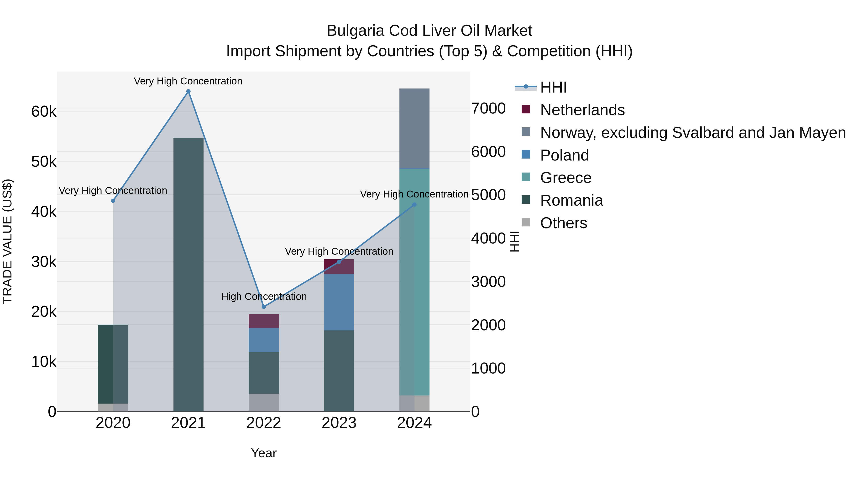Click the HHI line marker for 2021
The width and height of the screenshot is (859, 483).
[189, 91]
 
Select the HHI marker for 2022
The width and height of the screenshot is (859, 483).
[264, 307]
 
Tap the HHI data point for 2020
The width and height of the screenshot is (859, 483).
[113, 201]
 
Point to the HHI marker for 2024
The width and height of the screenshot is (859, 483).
[414, 205]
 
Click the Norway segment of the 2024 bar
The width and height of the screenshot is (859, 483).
[414, 129]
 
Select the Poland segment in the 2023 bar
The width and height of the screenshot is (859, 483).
[339, 302]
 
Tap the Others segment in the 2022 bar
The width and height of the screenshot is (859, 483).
[264, 402]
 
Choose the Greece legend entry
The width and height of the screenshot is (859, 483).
[566, 178]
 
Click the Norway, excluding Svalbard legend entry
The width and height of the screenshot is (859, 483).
[693, 133]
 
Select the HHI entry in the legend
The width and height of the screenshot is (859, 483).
[553, 87]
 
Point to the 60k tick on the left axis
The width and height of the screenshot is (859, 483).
[44, 112]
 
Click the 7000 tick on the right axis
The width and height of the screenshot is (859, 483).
[488, 109]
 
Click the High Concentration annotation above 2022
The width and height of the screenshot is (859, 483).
[264, 296]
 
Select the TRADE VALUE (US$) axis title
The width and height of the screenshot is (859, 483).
[7, 241]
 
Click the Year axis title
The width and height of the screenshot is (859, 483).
[264, 453]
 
